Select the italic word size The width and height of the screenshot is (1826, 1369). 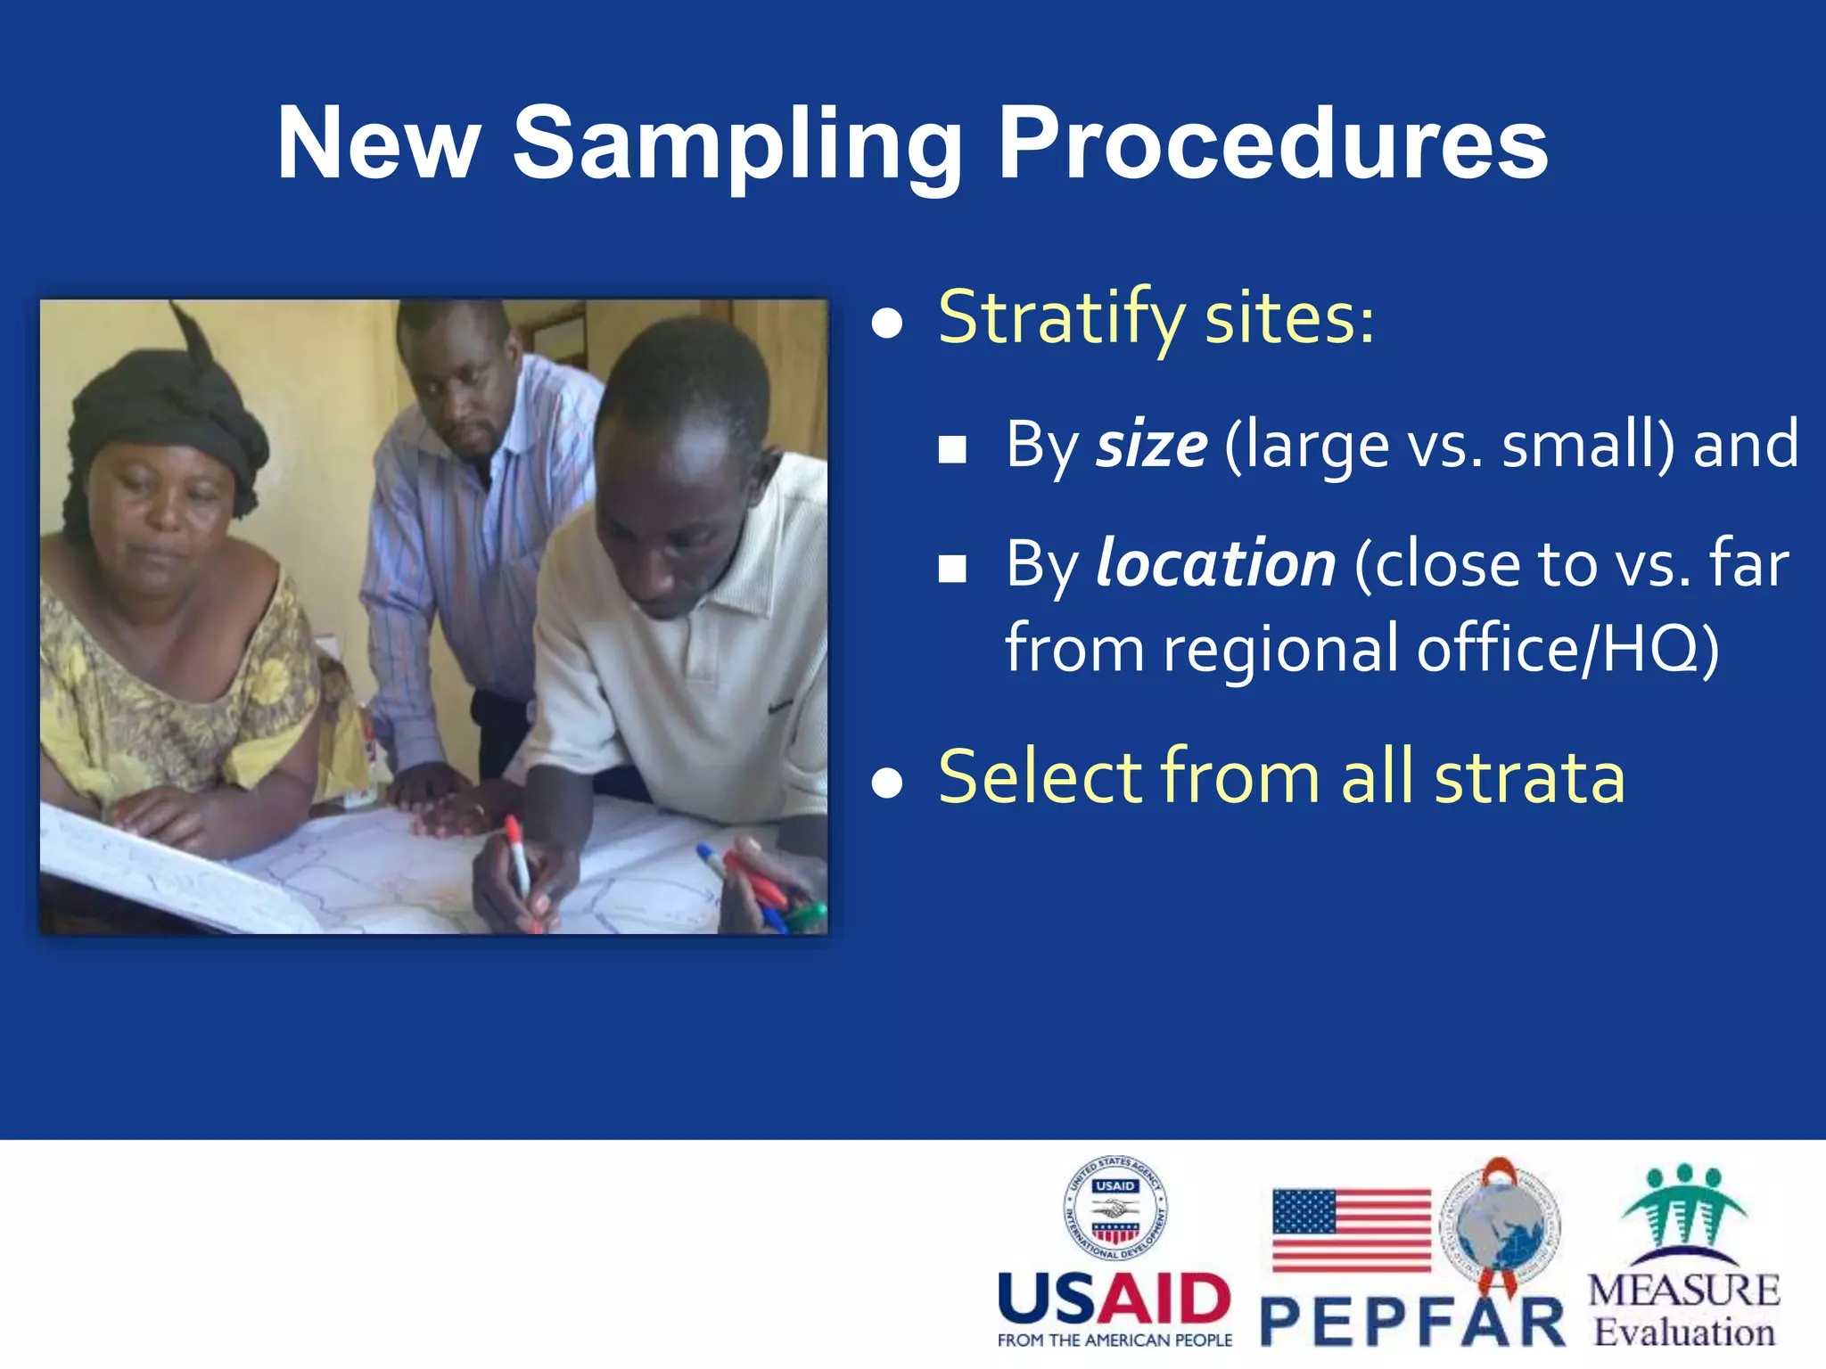pyautogui.click(x=1151, y=445)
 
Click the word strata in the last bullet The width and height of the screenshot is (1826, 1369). pyautogui.click(x=1529, y=776)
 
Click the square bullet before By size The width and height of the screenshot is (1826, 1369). pyautogui.click(x=952, y=450)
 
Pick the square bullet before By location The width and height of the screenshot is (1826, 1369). pyautogui.click(x=952, y=569)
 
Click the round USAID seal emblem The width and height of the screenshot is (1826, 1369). pyautogui.click(x=1115, y=1208)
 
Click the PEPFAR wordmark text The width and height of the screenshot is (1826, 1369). pyautogui.click(x=1413, y=1323)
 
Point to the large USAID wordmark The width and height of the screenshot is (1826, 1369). pyautogui.click(x=1115, y=1299)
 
